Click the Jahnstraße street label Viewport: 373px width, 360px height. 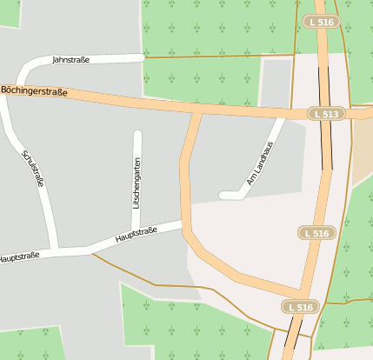click(71, 60)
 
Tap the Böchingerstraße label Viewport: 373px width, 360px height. click(34, 90)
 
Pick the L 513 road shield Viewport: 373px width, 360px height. click(325, 114)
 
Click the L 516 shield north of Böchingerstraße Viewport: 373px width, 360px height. click(318, 21)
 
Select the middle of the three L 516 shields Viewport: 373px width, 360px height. click(317, 233)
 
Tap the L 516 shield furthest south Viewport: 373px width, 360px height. click(301, 307)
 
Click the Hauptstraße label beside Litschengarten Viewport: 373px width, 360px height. click(136, 235)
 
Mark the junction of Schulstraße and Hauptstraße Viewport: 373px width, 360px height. click(54, 253)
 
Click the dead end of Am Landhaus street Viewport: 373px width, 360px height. click(223, 195)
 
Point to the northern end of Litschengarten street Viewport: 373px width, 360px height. click(137, 134)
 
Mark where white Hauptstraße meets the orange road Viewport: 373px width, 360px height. click(183, 224)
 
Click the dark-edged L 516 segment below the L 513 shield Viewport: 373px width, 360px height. click(327, 143)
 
